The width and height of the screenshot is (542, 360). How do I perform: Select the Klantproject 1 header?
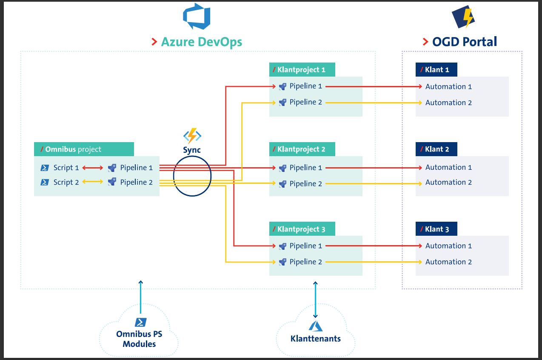302,70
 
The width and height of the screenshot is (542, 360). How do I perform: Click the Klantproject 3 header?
302,229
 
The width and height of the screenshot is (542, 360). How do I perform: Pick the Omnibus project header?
84,149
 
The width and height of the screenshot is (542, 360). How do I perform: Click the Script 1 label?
66,168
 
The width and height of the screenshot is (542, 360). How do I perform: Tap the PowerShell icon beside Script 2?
45,182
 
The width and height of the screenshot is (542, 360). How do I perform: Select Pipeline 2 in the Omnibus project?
136,182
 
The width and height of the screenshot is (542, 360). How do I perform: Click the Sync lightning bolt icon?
192,136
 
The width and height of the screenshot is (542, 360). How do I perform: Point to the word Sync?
192,150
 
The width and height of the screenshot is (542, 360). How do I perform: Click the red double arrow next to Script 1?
92,168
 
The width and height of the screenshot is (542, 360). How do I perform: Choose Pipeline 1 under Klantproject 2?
305,168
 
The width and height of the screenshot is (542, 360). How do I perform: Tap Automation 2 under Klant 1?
448,103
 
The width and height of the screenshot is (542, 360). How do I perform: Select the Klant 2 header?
436,149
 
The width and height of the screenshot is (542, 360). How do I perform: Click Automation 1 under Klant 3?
448,246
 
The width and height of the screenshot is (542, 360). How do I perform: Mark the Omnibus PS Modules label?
139,339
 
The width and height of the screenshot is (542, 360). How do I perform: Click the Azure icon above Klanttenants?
315,326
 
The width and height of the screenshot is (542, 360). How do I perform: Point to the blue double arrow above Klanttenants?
315,300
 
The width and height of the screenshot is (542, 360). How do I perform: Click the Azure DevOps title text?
201,42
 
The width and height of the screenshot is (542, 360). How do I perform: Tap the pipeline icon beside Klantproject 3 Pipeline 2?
282,262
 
